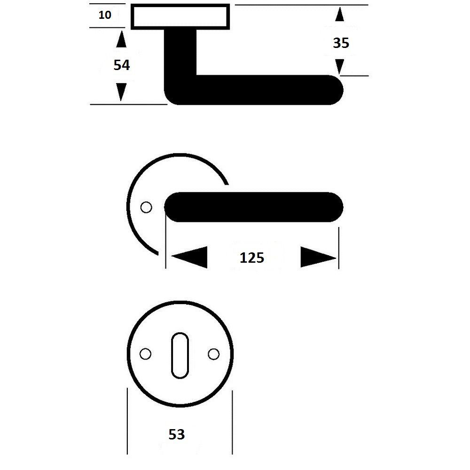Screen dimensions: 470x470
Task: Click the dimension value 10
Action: point(105,15)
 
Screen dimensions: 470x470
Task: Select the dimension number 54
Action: point(122,65)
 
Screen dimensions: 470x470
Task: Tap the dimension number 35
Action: point(341,43)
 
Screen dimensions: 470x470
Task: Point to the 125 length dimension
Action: point(252,258)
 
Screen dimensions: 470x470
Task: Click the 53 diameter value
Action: point(177,434)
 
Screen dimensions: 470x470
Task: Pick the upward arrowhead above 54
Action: point(121,39)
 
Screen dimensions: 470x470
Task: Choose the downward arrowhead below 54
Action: point(121,92)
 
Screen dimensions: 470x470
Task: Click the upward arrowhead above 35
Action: point(340,14)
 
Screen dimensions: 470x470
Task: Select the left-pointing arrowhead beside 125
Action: point(189,257)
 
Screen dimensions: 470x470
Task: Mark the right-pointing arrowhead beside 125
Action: point(319,257)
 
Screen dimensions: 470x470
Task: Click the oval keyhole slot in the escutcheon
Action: point(180,355)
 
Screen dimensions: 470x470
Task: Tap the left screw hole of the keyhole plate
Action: point(145,354)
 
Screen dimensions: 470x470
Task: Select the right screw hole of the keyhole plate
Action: point(214,354)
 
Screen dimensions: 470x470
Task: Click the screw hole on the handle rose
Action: point(146,207)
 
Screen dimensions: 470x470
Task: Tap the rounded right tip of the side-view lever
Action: point(337,90)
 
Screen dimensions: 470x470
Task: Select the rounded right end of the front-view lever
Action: point(337,207)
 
